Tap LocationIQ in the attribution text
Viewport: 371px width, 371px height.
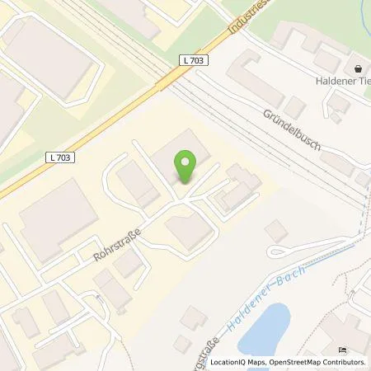(x=228, y=362)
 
